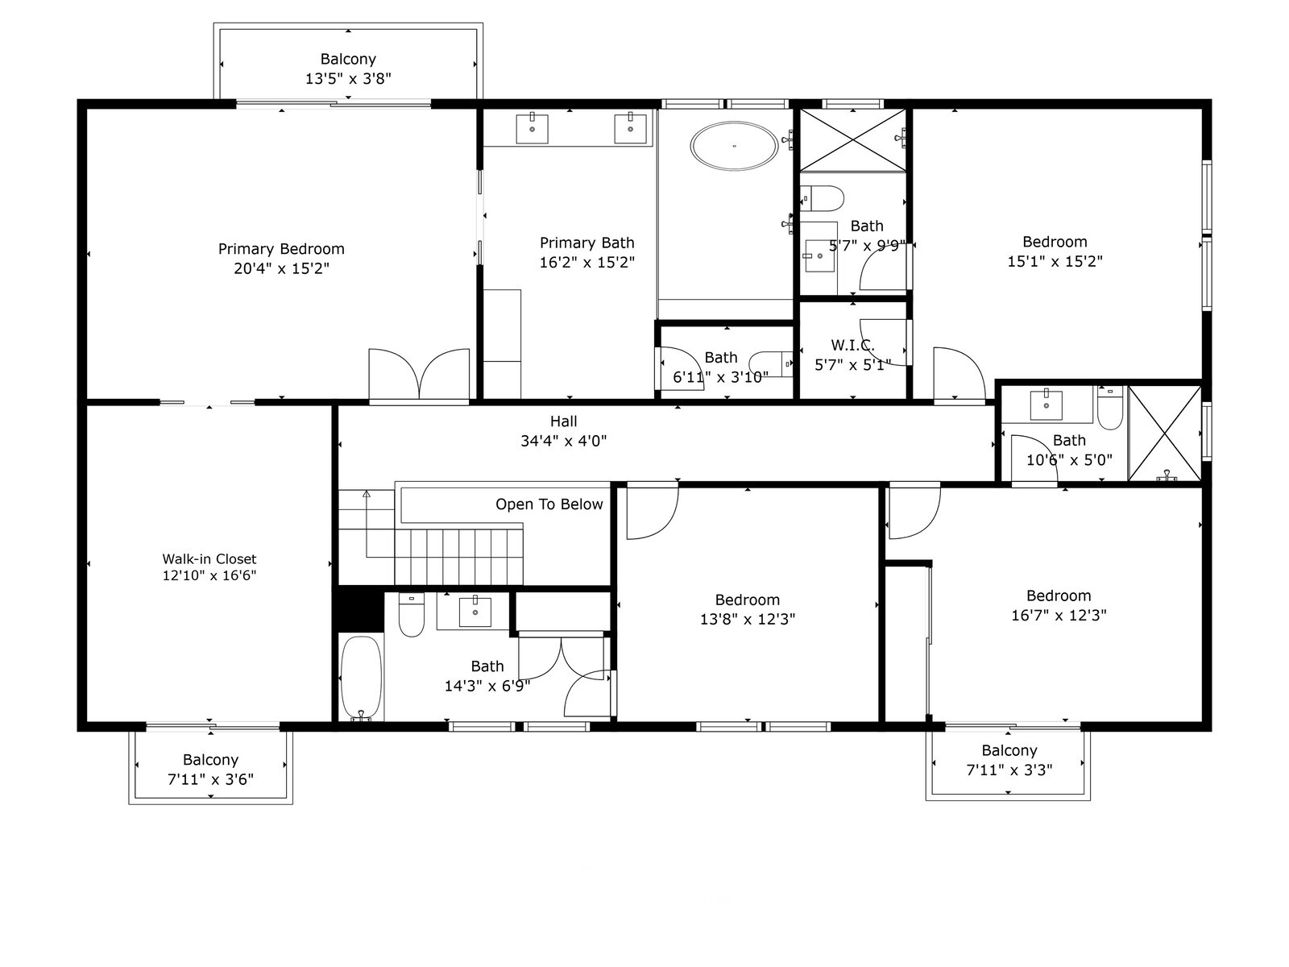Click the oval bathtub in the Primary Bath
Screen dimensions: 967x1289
click(x=734, y=146)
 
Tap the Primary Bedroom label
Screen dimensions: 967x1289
click(x=281, y=249)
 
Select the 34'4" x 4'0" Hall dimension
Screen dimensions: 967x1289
click(x=563, y=441)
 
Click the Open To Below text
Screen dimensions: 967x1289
click(x=549, y=504)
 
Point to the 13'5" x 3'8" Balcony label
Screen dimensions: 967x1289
click(x=348, y=69)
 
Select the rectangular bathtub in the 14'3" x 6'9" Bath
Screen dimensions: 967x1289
click(x=360, y=677)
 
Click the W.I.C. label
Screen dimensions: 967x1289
click(x=852, y=346)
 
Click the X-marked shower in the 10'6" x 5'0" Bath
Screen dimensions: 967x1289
click(x=1164, y=434)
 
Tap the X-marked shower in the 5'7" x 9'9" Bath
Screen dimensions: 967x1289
click(x=852, y=139)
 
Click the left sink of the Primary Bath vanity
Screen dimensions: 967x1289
click(x=532, y=128)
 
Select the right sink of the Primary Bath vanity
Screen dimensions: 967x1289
click(x=630, y=128)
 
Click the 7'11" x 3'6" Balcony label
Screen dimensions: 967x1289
click(x=210, y=770)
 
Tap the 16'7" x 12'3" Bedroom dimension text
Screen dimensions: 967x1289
click(x=1059, y=616)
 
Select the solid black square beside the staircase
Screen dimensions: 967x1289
click(x=359, y=611)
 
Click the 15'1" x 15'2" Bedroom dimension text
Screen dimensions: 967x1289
click(x=1055, y=261)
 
